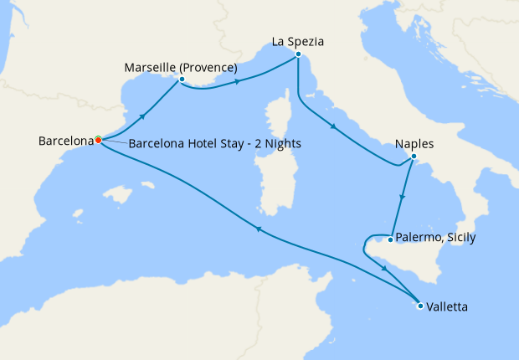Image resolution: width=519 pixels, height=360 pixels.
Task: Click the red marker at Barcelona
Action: pyautogui.click(x=98, y=140)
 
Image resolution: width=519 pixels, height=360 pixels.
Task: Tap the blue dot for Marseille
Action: pyautogui.click(x=181, y=80)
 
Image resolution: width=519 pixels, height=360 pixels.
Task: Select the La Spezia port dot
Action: pyautogui.click(x=297, y=54)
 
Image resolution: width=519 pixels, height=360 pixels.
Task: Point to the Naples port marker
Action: pyautogui.click(x=414, y=157)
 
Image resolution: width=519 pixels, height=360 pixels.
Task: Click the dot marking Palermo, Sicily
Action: pyautogui.click(x=391, y=239)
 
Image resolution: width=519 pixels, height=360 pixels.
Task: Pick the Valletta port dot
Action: pyautogui.click(x=419, y=306)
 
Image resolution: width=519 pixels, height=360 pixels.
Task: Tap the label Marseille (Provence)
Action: pyautogui.click(x=180, y=67)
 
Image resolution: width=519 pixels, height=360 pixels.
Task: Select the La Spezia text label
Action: pyautogui.click(x=298, y=40)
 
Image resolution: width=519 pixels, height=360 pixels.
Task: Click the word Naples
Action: pyautogui.click(x=414, y=143)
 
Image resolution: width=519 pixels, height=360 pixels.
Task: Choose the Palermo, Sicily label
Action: pyautogui.click(x=436, y=238)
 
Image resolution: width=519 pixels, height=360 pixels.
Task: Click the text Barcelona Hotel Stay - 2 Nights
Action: pyautogui.click(x=215, y=144)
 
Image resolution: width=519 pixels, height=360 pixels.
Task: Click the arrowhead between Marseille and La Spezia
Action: pyautogui.click(x=239, y=81)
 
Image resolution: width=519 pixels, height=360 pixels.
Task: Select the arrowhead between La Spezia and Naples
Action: pyautogui.click(x=334, y=127)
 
